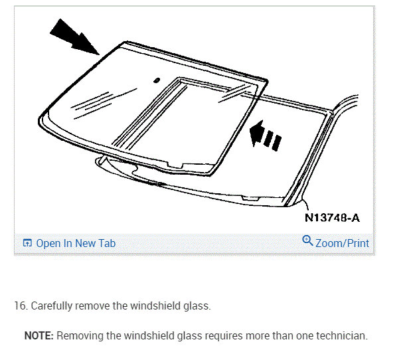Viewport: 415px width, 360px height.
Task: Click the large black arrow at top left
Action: pyautogui.click(x=74, y=37)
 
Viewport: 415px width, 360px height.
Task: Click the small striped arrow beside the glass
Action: pyautogui.click(x=266, y=135)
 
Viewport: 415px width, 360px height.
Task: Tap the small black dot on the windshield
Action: pyautogui.click(x=157, y=80)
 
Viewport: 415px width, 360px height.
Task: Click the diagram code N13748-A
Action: pyautogui.click(x=332, y=218)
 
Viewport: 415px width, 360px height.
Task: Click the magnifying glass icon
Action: pyautogui.click(x=307, y=240)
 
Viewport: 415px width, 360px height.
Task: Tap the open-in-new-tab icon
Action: pyautogui.click(x=27, y=242)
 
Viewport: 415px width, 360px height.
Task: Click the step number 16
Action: pyautogui.click(x=21, y=306)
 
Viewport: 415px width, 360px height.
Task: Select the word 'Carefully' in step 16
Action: pyautogui.click(x=52, y=306)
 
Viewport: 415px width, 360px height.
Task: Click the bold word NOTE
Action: pyautogui.click(x=39, y=335)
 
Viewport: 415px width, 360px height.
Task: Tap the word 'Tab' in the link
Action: pyautogui.click(x=107, y=243)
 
